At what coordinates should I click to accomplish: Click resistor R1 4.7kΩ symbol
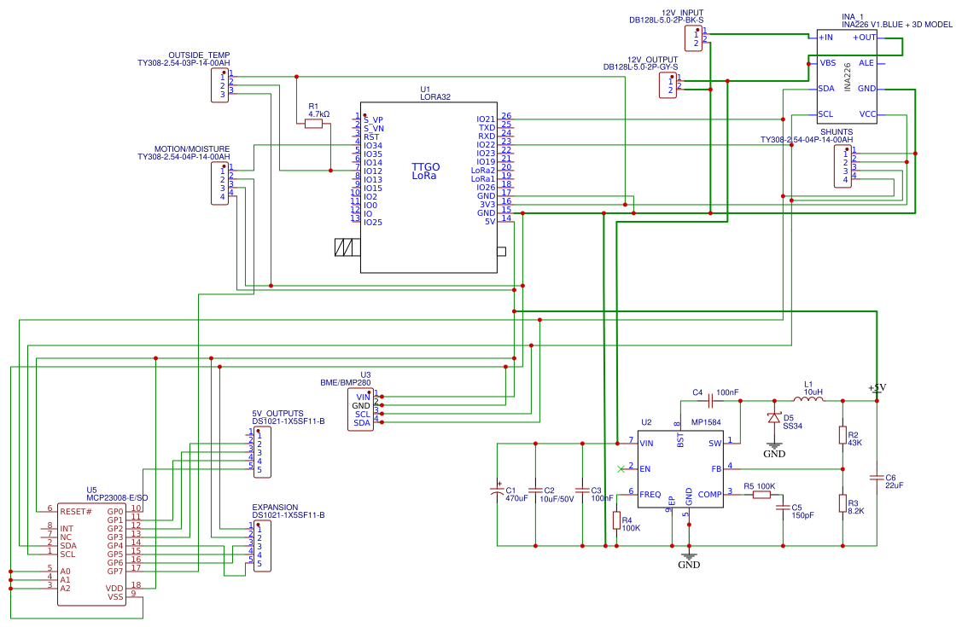pos(313,124)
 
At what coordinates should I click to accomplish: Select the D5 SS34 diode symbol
pos(774,418)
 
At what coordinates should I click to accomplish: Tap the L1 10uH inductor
pos(807,399)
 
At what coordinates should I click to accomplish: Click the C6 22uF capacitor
pos(877,477)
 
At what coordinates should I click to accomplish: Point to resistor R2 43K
pos(842,435)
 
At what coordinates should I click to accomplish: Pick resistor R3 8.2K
pos(842,502)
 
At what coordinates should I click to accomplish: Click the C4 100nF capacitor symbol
pos(710,400)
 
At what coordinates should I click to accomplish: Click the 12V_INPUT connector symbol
pos(693,38)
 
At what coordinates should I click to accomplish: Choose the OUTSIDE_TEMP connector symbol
pos(220,84)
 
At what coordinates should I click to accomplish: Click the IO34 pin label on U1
pos(373,146)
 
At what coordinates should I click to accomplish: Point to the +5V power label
pos(877,388)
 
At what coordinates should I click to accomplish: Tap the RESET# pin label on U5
pos(76,511)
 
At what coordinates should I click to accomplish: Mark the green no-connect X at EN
pos(621,468)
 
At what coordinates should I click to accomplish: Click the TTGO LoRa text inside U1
pos(425,171)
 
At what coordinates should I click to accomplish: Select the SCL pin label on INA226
pos(825,113)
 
